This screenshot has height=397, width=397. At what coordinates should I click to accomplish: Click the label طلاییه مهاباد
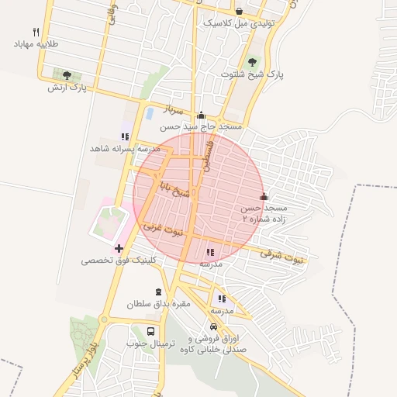tap(37, 44)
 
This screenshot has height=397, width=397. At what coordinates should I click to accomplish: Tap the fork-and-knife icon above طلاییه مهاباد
tap(36, 33)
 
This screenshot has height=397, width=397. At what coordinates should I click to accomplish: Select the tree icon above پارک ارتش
tap(67, 75)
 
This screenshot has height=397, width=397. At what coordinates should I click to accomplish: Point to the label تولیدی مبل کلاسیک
tap(240, 23)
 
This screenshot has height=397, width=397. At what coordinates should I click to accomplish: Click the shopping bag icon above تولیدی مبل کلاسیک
tap(239, 12)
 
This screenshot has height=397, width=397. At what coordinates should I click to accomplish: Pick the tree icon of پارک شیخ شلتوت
tap(252, 62)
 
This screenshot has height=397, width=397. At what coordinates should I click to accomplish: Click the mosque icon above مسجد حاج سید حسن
tap(202, 114)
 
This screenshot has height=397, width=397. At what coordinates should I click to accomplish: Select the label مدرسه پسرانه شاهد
tap(125, 147)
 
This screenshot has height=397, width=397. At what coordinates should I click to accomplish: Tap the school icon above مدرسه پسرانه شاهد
tap(125, 136)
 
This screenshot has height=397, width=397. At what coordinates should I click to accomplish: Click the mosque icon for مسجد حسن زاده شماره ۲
tap(264, 196)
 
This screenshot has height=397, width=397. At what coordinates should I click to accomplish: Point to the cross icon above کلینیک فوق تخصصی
tap(119, 248)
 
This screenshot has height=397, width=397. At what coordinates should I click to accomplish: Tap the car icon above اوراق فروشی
tap(214, 327)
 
